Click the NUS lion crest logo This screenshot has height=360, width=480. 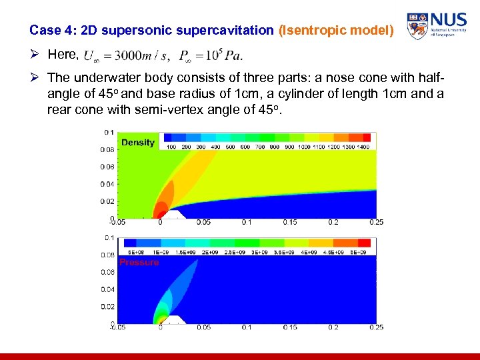point(417,26)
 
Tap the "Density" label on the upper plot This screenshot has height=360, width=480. point(137,142)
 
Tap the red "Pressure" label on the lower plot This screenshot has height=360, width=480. point(139,263)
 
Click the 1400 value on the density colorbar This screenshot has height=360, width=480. point(363,147)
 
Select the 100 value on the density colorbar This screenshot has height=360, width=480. point(171,147)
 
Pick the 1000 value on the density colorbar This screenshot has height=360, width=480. point(304,147)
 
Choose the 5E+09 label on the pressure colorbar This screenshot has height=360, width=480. point(359,253)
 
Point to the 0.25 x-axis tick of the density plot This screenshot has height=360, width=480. point(376,223)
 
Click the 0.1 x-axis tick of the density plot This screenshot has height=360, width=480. point(247,223)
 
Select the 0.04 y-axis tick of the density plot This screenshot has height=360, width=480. point(107,184)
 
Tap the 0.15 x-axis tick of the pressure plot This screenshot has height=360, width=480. point(290,327)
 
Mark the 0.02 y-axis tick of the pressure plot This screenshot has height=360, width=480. point(107,307)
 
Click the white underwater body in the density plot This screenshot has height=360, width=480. point(173,215)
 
